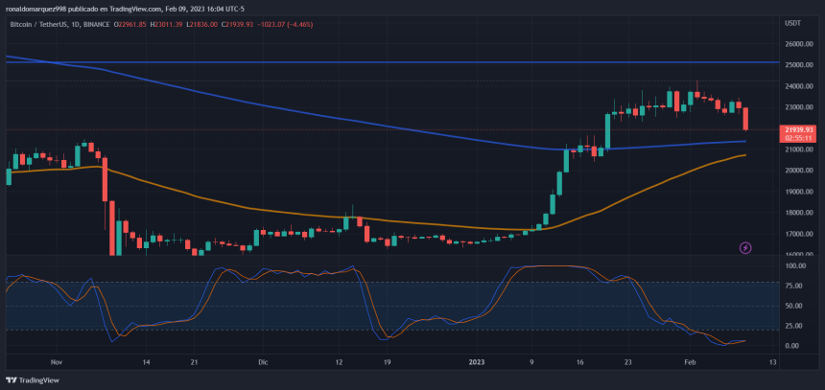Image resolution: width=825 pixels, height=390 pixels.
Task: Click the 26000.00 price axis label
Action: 799,44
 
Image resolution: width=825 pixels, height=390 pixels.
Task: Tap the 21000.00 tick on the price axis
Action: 799,149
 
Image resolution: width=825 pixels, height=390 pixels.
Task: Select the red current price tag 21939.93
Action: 798,129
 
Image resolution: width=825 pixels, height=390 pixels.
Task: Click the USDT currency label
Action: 792,22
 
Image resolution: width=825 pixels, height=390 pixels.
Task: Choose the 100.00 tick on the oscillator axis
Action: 794,266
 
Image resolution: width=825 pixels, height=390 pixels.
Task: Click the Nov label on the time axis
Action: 56,363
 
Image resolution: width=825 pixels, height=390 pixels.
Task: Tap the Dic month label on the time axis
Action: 262,363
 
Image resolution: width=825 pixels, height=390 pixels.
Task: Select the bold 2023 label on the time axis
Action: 480,363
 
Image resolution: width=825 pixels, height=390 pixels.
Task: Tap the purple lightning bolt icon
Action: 746,248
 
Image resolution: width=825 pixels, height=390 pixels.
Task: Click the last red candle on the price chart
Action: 745,118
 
